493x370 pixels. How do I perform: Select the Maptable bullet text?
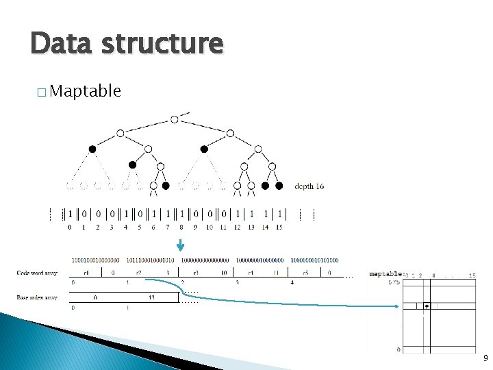tap(86, 90)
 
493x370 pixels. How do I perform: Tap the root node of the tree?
tap(175, 119)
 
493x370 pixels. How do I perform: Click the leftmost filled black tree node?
tap(92, 149)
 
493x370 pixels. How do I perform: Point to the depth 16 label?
tap(309, 186)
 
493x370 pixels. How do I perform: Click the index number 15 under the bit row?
tap(279, 227)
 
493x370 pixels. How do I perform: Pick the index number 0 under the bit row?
tap(70, 227)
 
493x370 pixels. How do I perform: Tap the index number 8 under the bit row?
tap(181, 227)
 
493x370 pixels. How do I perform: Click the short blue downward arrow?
tap(181, 245)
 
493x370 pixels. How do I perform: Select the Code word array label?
tap(38, 273)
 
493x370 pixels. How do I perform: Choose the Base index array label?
tap(38, 297)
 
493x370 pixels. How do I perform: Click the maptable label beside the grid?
tap(385, 275)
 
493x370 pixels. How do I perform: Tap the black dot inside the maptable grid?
tap(426, 306)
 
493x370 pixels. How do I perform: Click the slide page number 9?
tap(485, 358)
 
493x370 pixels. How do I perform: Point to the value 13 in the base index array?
tap(151, 297)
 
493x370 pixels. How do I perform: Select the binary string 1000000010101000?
tap(314, 260)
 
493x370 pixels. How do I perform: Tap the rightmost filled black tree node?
tap(279, 186)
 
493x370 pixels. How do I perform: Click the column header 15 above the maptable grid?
tap(472, 275)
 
